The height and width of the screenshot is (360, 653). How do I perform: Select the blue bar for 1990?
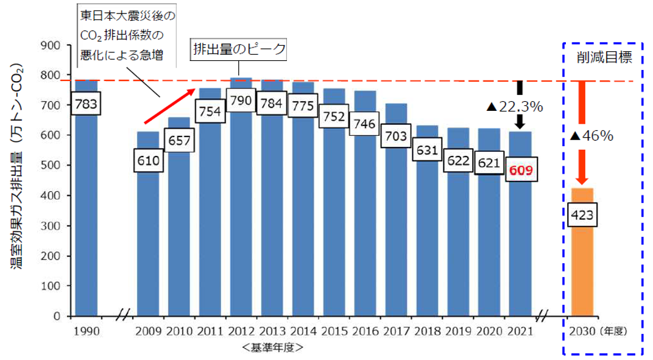[86, 213]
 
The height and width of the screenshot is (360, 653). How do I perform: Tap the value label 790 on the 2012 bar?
[241, 101]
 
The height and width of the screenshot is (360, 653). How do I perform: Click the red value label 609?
[521, 171]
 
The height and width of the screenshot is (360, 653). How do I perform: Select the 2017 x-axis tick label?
[397, 331]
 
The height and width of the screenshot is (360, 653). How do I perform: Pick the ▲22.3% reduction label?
[514, 107]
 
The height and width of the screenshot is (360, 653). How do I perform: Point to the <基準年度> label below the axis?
[272, 348]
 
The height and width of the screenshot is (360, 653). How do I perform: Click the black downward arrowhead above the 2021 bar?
[520, 123]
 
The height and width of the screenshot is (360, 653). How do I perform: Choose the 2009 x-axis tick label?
[148, 331]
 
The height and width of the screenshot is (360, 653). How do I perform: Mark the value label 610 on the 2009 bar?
[148, 161]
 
